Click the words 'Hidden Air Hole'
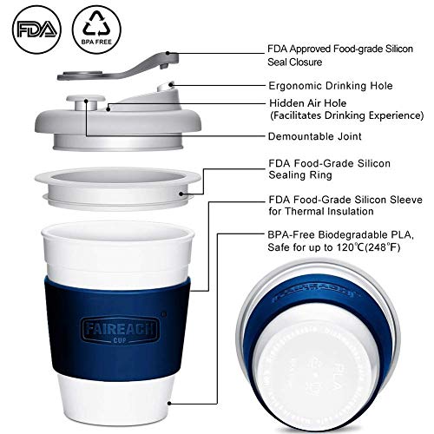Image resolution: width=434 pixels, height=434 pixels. (298, 102)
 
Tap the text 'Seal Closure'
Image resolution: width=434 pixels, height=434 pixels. (295, 63)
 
